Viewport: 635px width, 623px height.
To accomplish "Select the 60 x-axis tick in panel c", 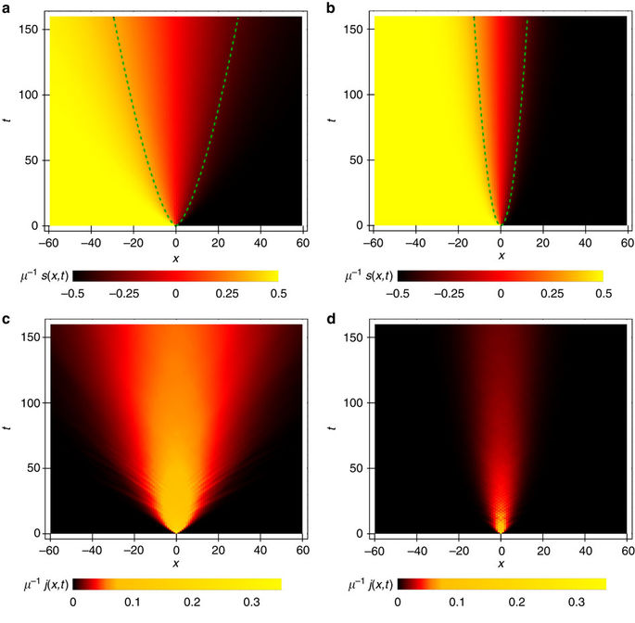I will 302,548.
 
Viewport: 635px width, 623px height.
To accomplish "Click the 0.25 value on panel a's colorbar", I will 227,293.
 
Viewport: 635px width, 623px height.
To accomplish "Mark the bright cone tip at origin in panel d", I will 501,532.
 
